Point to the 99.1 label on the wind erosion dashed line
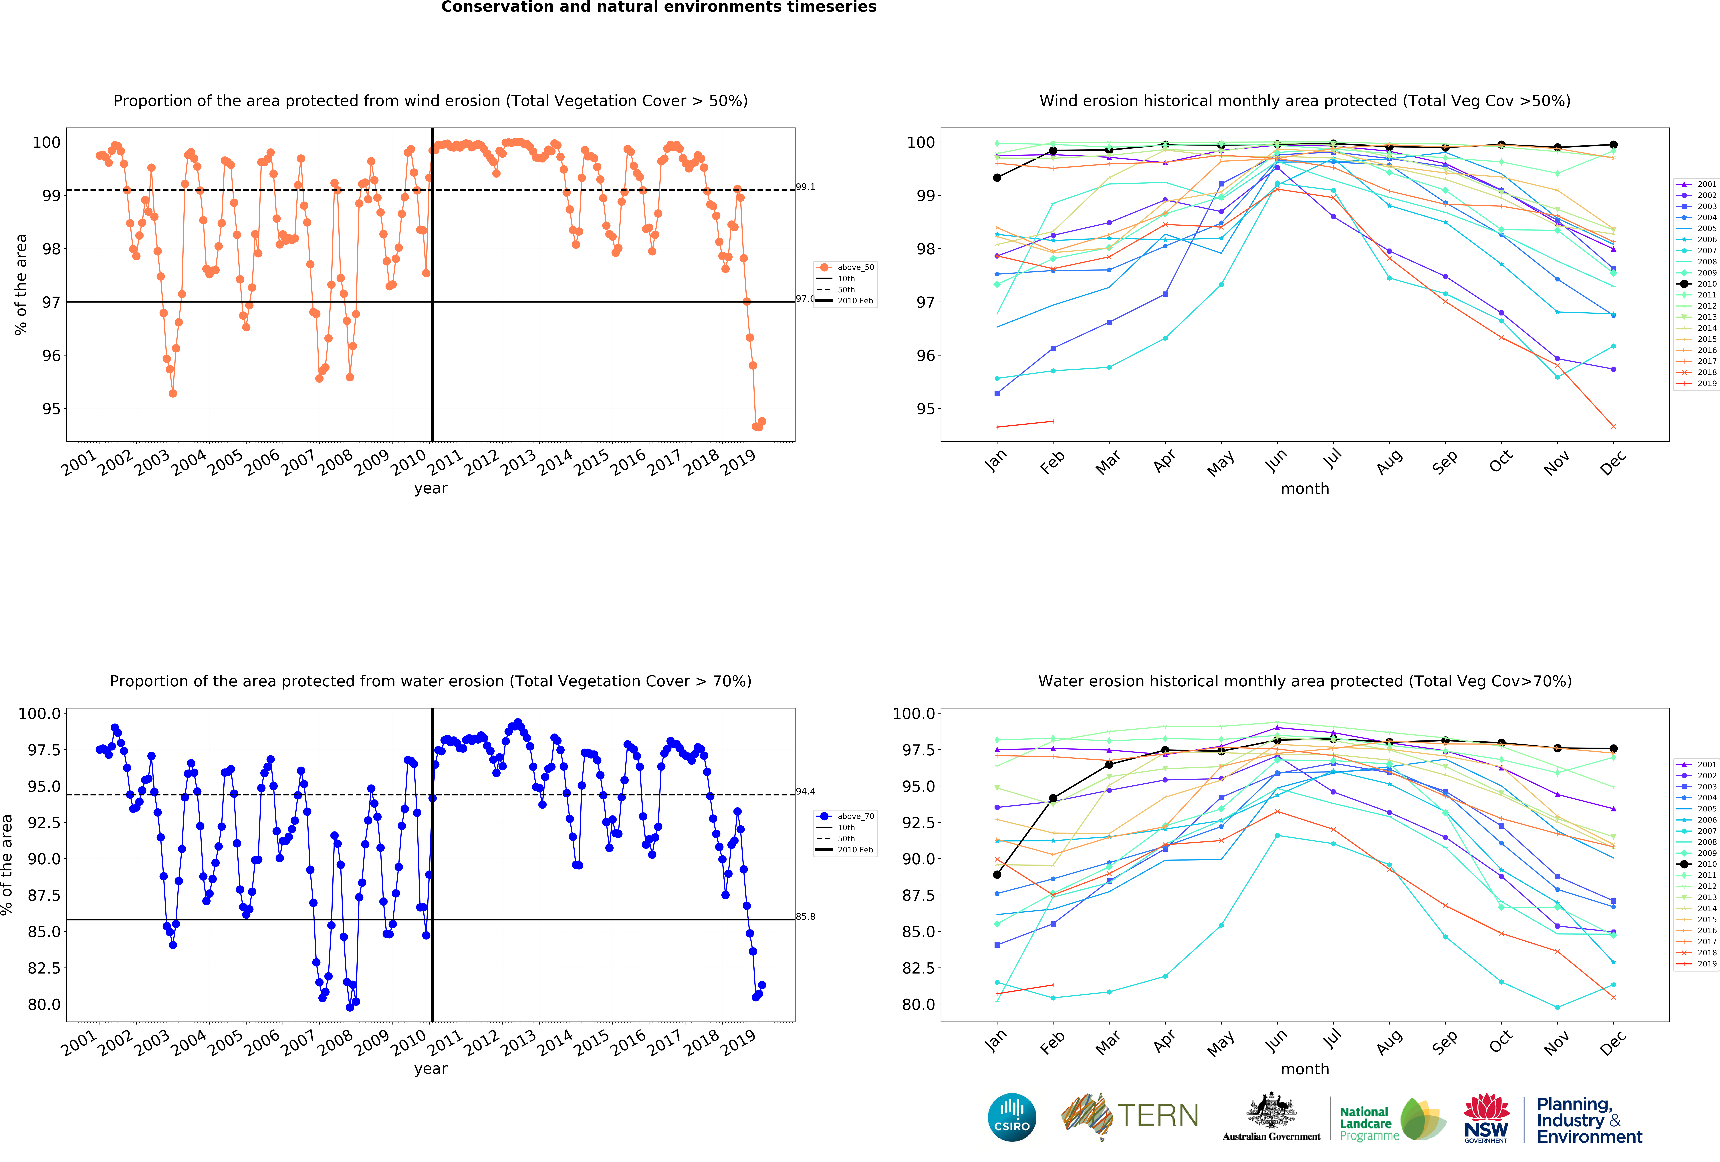[805, 187]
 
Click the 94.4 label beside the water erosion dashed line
[805, 791]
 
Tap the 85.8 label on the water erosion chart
[805, 916]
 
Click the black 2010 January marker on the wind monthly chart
[997, 178]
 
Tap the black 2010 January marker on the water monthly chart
[997, 875]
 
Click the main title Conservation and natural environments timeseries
[659, 7]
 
